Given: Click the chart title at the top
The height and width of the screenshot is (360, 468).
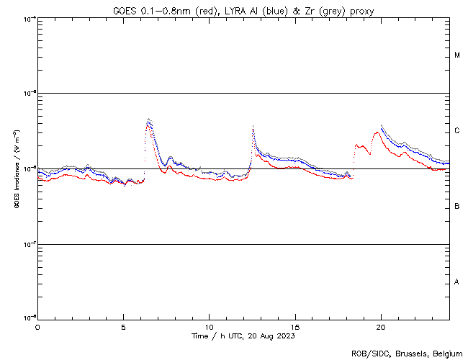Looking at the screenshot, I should click(x=243, y=11).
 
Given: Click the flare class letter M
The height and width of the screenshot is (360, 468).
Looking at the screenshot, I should click(x=457, y=55).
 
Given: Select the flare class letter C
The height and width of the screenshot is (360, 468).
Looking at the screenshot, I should click(x=457, y=131).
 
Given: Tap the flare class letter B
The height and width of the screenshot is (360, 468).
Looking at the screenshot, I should click(x=457, y=207).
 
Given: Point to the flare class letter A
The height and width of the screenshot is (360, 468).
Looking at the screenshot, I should click(x=457, y=282).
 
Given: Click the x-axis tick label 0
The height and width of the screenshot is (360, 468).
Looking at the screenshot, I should click(x=37, y=327).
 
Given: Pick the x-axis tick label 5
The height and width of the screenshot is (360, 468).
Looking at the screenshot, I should click(x=123, y=327).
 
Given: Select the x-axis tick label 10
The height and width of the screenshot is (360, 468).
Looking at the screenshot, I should click(x=209, y=327).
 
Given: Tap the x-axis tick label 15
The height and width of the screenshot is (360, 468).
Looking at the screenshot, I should click(x=295, y=327).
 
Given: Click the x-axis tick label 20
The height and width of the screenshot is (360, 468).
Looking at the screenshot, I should click(x=381, y=327).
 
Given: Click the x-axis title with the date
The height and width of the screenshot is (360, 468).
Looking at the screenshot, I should click(x=243, y=336).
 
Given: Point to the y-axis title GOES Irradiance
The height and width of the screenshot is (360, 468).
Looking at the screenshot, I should click(x=16, y=168).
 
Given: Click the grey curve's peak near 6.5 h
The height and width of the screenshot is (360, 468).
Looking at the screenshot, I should click(x=148, y=119).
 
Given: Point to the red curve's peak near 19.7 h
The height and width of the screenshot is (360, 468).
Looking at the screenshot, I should click(x=377, y=132).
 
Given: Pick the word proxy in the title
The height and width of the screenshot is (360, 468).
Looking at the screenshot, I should click(x=361, y=11).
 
